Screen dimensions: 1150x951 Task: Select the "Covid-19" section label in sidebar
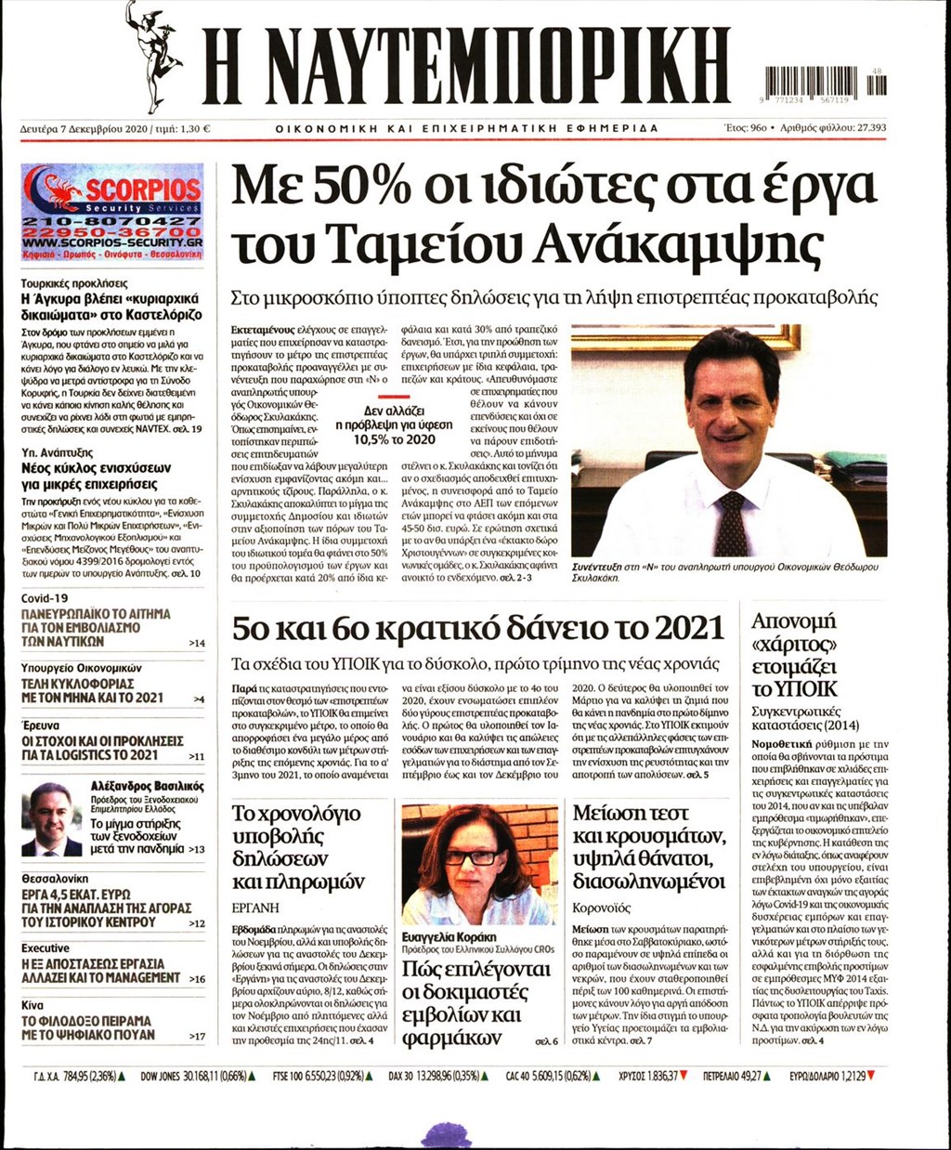[45, 598]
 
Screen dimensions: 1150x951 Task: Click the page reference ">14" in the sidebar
[196, 643]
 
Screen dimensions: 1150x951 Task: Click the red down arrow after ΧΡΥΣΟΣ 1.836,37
[684, 1076]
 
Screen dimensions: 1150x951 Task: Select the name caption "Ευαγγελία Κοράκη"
[449, 937]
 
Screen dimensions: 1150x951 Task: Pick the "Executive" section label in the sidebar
[46, 948]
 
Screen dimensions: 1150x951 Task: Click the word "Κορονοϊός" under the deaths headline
[602, 908]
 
